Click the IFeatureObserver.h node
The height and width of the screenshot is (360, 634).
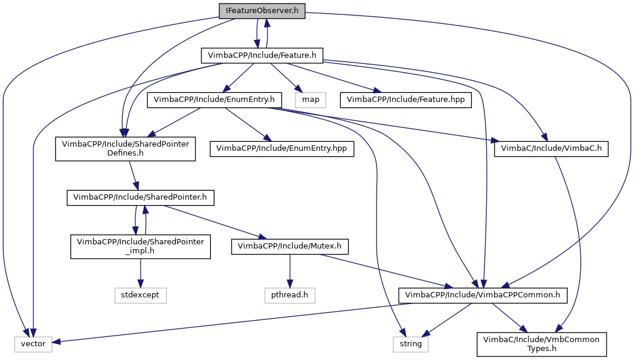262,11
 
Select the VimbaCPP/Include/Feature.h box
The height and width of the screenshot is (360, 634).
262,55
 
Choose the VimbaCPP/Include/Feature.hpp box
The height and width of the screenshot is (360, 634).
406,99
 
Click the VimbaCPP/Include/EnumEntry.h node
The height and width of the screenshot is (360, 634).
214,99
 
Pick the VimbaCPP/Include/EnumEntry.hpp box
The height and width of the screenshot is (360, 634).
282,148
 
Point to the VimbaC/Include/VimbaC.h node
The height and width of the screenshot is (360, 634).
551,148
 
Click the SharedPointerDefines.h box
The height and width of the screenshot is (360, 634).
126,148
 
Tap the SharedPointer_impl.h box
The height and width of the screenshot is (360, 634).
140,246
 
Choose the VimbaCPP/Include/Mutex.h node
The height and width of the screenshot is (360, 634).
290,246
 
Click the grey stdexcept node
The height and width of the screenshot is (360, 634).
140,294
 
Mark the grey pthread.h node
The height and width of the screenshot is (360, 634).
290,294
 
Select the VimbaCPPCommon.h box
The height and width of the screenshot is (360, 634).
483,294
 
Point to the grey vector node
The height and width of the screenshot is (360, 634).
33,343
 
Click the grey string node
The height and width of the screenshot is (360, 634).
411,343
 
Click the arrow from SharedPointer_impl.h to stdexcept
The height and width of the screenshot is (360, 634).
140,272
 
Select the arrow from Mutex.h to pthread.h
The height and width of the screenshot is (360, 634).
290,272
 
